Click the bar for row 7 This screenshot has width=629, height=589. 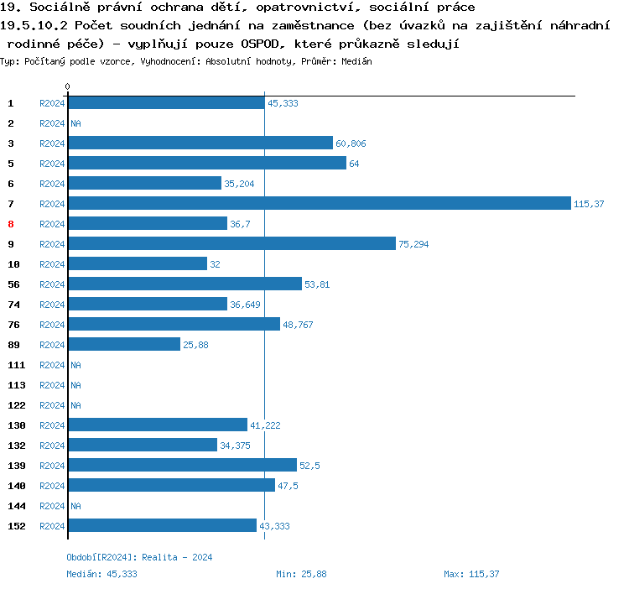pyautogui.click(x=319, y=204)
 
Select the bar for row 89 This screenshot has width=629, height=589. pyautogui.click(x=124, y=345)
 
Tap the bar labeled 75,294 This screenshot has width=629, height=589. pyautogui.click(x=231, y=244)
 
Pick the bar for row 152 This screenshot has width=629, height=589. pyautogui.click(x=162, y=526)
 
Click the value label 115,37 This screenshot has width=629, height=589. pyautogui.click(x=589, y=204)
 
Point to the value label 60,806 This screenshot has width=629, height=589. pyautogui.click(x=351, y=143)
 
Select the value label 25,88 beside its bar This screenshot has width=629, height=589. pyautogui.click(x=195, y=345)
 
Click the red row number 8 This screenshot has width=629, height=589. pyautogui.click(x=11, y=224)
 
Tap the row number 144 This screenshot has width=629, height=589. pyautogui.click(x=17, y=506)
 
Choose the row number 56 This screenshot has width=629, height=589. pyautogui.click(x=13, y=284)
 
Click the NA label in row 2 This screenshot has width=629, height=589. pyautogui.click(x=75, y=123)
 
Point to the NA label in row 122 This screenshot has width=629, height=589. pyautogui.click(x=75, y=405)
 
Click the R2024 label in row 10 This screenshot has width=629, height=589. pyautogui.click(x=52, y=264)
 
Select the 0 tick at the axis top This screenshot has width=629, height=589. pyautogui.click(x=67, y=87)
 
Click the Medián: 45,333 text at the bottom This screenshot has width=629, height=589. pyautogui.click(x=101, y=574)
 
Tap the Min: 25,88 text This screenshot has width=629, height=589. pyautogui.click(x=301, y=574)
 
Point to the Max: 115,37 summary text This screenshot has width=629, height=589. pyautogui.click(x=471, y=574)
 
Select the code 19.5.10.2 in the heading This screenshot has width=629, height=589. pyautogui.click(x=34, y=25)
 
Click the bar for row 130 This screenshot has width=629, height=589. pyautogui.click(x=158, y=425)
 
